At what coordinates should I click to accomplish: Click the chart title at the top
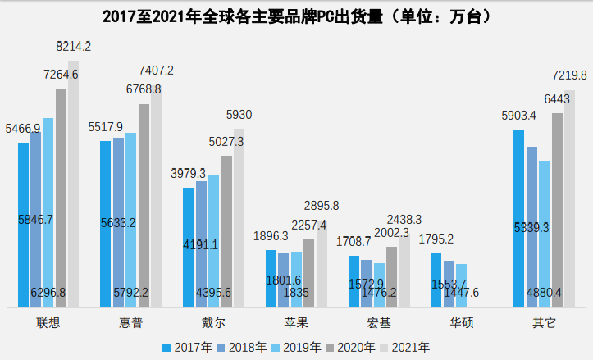tap(296, 16)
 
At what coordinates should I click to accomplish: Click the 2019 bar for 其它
tap(544, 234)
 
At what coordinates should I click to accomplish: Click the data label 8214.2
tap(73, 48)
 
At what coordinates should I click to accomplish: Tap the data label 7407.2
tap(156, 71)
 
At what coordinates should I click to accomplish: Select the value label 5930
tap(239, 115)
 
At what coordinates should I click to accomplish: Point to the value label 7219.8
tap(569, 75)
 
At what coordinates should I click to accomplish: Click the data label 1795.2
tap(436, 239)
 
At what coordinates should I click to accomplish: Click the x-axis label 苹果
tap(296, 322)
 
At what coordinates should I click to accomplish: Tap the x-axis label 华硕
tap(461, 322)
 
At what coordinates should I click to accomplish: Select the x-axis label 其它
tap(544, 322)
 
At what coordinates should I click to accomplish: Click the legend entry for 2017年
tap(192, 347)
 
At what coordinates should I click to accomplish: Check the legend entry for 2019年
tap(299, 347)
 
